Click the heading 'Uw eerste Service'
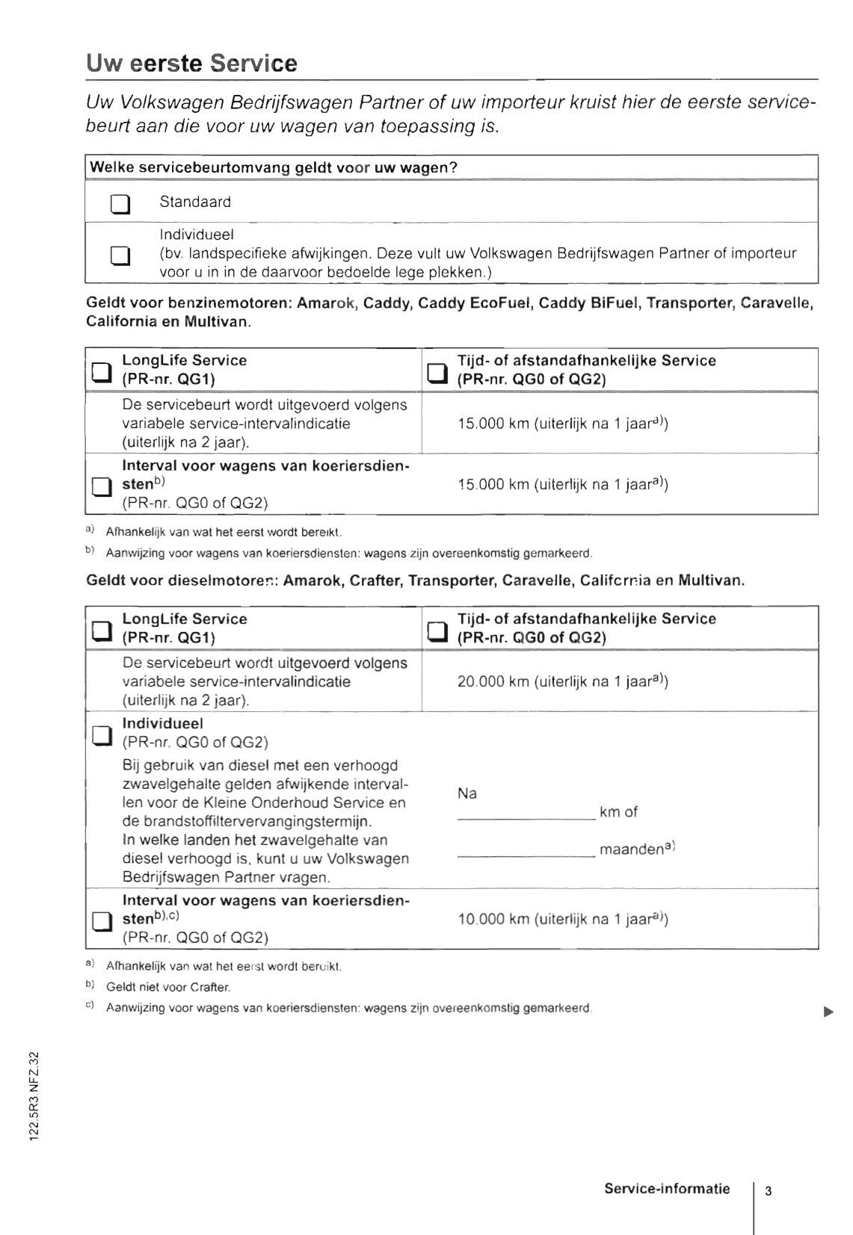191,64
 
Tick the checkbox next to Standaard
120,203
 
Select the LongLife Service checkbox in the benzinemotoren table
101,371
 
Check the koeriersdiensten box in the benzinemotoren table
101,487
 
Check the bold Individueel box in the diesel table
101,735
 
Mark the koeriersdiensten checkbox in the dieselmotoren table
101,922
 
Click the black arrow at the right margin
828,1012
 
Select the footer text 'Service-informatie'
667,1189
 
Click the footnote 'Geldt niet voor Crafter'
168,987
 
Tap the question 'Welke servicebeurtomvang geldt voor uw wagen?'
274,167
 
